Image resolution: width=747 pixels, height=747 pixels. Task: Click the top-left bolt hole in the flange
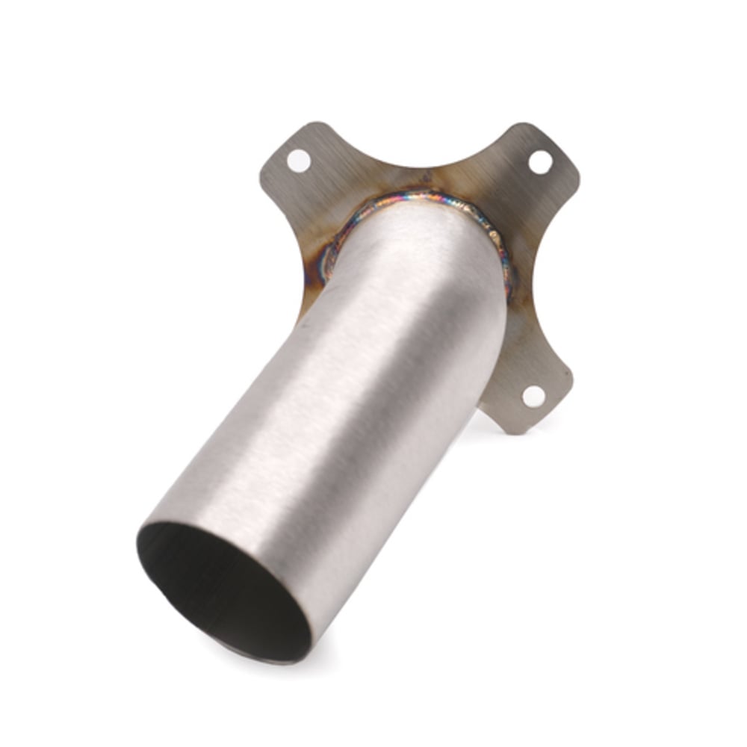298,161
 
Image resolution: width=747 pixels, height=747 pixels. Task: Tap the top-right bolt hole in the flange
540,161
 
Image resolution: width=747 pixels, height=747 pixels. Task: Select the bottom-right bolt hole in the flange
533,397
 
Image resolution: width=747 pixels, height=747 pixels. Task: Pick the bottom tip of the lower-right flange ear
515,431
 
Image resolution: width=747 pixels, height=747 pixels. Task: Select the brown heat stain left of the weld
314,247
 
